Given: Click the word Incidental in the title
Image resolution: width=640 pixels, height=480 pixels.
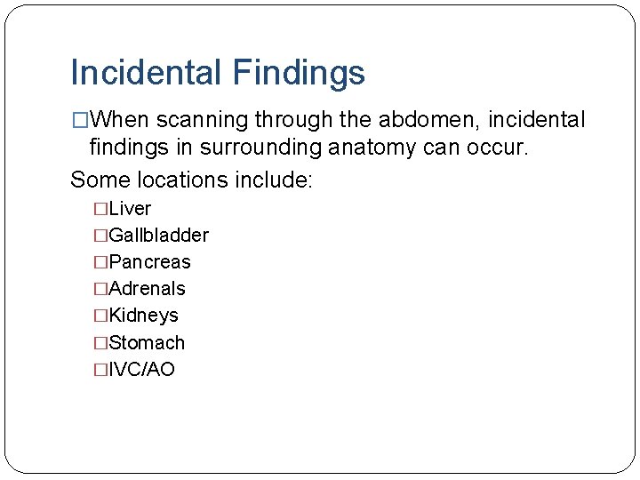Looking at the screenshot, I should (x=144, y=73).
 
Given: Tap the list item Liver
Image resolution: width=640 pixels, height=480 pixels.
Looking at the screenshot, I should (x=130, y=209).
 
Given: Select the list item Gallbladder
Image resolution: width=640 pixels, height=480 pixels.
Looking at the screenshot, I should (x=158, y=236).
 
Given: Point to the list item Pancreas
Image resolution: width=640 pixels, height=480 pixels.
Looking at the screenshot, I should (x=149, y=262).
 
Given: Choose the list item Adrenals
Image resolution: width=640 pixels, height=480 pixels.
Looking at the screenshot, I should (x=147, y=289).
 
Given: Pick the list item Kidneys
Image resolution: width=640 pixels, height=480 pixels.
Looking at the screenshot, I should (x=143, y=316).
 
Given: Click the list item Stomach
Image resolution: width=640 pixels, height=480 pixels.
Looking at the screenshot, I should (x=147, y=343).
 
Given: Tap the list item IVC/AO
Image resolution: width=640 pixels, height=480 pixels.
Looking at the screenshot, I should (x=141, y=370).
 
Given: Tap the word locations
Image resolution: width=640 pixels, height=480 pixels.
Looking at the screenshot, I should (x=184, y=180).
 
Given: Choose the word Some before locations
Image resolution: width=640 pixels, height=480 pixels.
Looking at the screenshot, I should (x=100, y=180).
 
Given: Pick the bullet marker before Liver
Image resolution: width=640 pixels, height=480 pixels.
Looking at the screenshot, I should (x=100, y=209).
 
